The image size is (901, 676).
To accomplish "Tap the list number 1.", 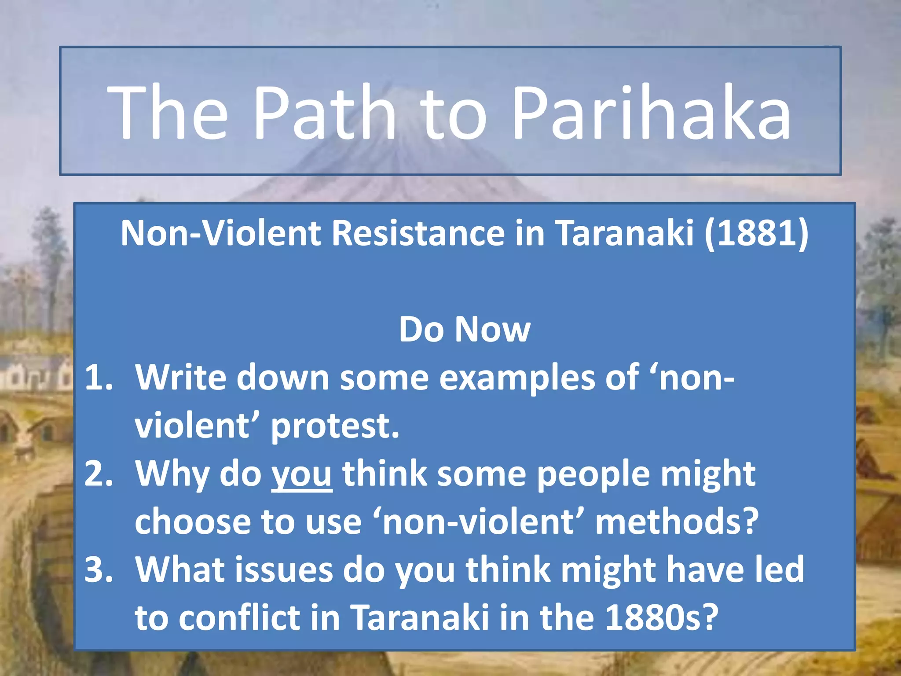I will pyautogui.click(x=98, y=378).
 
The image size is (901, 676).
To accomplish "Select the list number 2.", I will pyautogui.click(x=98, y=474).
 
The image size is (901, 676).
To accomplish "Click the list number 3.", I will pyautogui.click(x=98, y=569).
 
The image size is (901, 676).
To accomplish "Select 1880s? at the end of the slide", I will pyautogui.click(x=662, y=617).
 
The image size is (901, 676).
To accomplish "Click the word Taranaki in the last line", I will pyautogui.click(x=420, y=617).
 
